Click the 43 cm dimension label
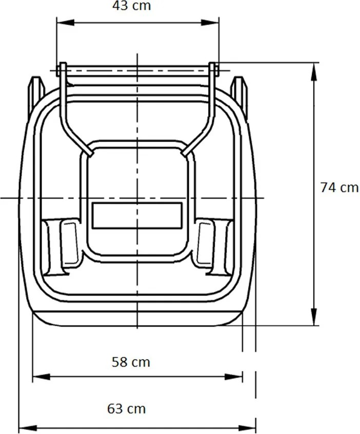point(131,6)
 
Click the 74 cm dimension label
point(339,187)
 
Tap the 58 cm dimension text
point(131,362)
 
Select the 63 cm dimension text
point(127,408)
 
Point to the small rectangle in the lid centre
point(137,215)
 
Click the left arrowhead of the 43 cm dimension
point(65,23)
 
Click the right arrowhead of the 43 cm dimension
point(210,23)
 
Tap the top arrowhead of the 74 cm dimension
point(314,72)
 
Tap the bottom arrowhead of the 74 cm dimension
point(314,317)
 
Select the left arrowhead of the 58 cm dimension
point(41,377)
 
